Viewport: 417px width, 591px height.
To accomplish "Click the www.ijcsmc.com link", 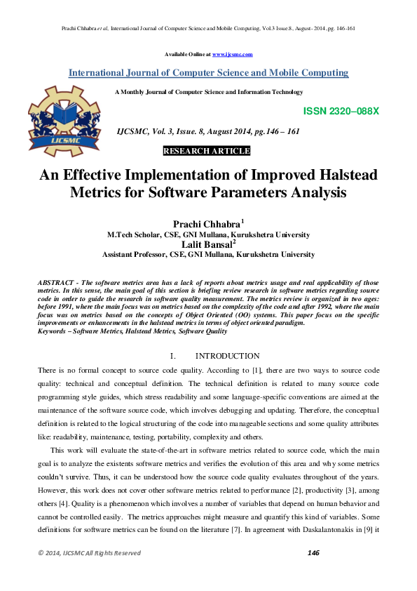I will pyautogui.click(x=232, y=54).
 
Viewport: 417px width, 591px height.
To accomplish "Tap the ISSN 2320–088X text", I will pyautogui.click(x=341, y=112).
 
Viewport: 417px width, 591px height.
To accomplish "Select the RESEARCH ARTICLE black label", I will pyautogui.click(x=206, y=151).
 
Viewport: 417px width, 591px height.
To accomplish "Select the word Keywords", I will pyautogui.click(x=53, y=331).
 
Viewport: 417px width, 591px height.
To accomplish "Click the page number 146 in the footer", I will pyautogui.click(x=313, y=553).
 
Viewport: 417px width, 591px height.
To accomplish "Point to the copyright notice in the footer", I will pyautogui.click(x=89, y=553).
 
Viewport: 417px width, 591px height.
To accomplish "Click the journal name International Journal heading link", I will pyautogui.click(x=208, y=73).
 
